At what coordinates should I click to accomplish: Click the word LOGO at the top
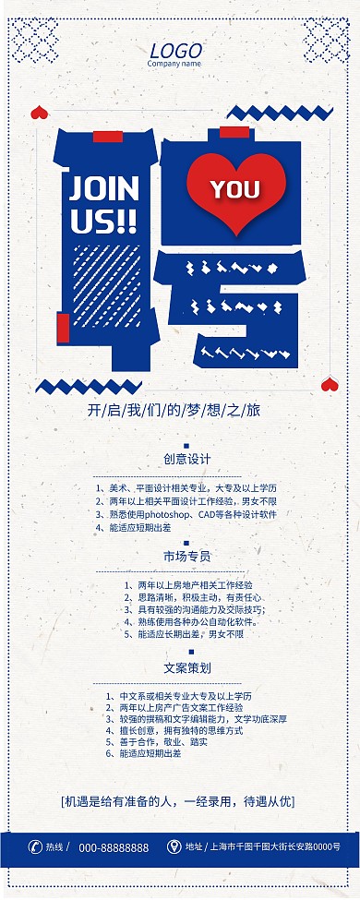[x=174, y=51]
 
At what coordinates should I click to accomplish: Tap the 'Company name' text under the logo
[x=174, y=65]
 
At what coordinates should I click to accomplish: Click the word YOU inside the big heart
[x=234, y=189]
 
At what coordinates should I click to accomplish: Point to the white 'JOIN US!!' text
[x=103, y=204]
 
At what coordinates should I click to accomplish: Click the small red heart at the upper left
[x=39, y=113]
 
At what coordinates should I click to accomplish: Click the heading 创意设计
[x=187, y=459]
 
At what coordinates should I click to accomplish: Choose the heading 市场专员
[x=187, y=557]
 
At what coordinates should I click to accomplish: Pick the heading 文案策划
[x=187, y=666]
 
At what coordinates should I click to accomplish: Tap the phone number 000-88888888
[x=114, y=847]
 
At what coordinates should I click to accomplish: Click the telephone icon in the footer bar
[x=35, y=847]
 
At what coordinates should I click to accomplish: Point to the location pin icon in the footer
[x=174, y=846]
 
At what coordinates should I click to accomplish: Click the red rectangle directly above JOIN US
[x=107, y=137]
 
